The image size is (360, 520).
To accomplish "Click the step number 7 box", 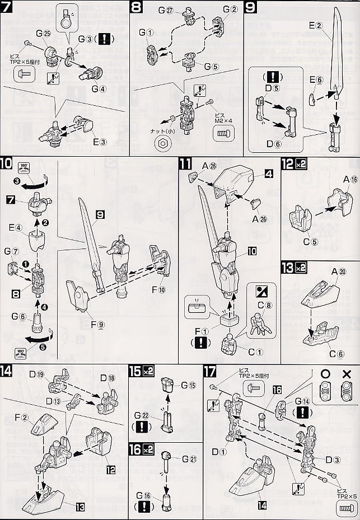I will [x=8, y=8].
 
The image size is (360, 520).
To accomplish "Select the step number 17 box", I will [x=211, y=371].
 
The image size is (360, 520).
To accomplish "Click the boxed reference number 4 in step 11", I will [x=269, y=175].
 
